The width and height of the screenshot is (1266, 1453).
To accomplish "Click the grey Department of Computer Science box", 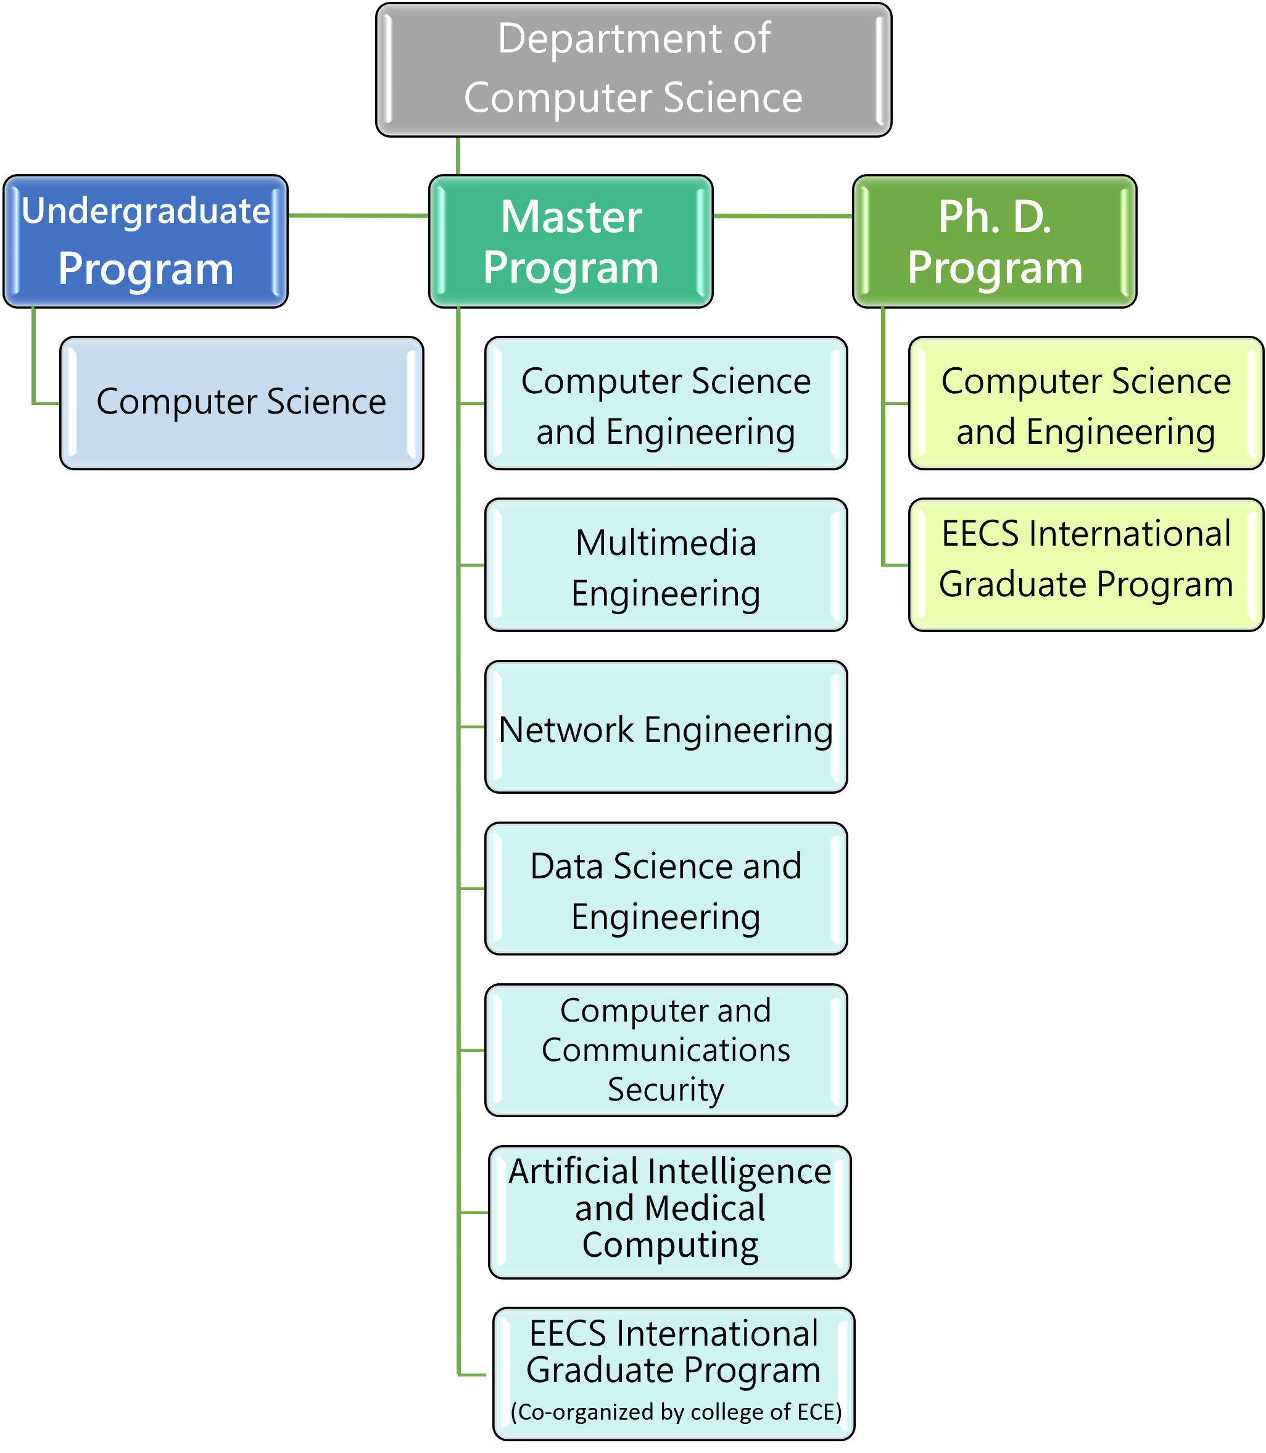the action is (634, 69).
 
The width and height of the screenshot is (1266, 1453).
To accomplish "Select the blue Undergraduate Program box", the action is (146, 241).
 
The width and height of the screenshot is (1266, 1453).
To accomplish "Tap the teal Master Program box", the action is (571, 241).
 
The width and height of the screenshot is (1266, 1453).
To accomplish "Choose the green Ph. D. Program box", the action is (995, 241).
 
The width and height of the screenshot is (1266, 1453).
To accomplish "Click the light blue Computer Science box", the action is (242, 403).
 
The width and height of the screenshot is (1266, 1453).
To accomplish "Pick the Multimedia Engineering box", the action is (666, 565).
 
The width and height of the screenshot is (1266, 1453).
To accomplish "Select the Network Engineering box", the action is (666, 726).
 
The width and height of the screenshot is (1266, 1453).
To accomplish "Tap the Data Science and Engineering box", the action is (666, 888).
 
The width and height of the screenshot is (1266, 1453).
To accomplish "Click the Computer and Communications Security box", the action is (666, 1050).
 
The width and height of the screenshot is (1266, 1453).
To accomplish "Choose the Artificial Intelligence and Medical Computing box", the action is (670, 1212).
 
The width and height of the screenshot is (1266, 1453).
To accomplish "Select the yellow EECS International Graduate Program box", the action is (1086, 565).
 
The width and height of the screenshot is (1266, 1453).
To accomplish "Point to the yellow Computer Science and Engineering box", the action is (1086, 403).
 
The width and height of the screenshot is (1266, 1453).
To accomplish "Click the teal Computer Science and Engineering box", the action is (666, 403).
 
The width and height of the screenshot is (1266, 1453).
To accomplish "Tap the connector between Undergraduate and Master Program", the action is (359, 215).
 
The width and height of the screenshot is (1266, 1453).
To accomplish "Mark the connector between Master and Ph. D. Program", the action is (784, 215).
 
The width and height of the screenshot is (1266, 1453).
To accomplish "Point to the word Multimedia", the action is (666, 543).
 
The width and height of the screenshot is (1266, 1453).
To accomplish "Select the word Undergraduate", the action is (146, 211).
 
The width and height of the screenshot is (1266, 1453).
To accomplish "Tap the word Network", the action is (566, 730).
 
